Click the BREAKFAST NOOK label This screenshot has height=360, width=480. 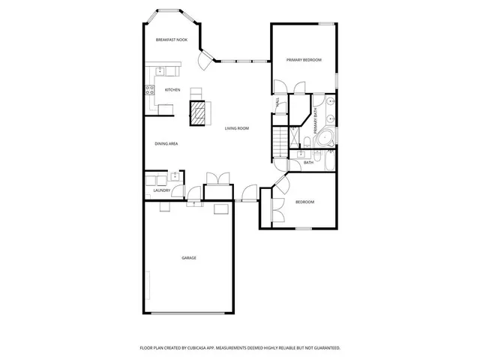[172, 40]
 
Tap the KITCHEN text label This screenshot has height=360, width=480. [172, 90]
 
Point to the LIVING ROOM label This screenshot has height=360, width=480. [237, 128]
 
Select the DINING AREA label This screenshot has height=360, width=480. [166, 143]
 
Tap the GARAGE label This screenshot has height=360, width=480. [189, 258]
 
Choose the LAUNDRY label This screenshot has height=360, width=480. [162, 190]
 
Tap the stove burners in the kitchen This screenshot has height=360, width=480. [149, 91]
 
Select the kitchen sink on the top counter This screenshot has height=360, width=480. [160, 71]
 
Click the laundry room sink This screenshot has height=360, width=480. [175, 177]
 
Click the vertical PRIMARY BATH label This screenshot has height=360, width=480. [316, 121]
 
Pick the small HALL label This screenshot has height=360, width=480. [277, 103]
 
